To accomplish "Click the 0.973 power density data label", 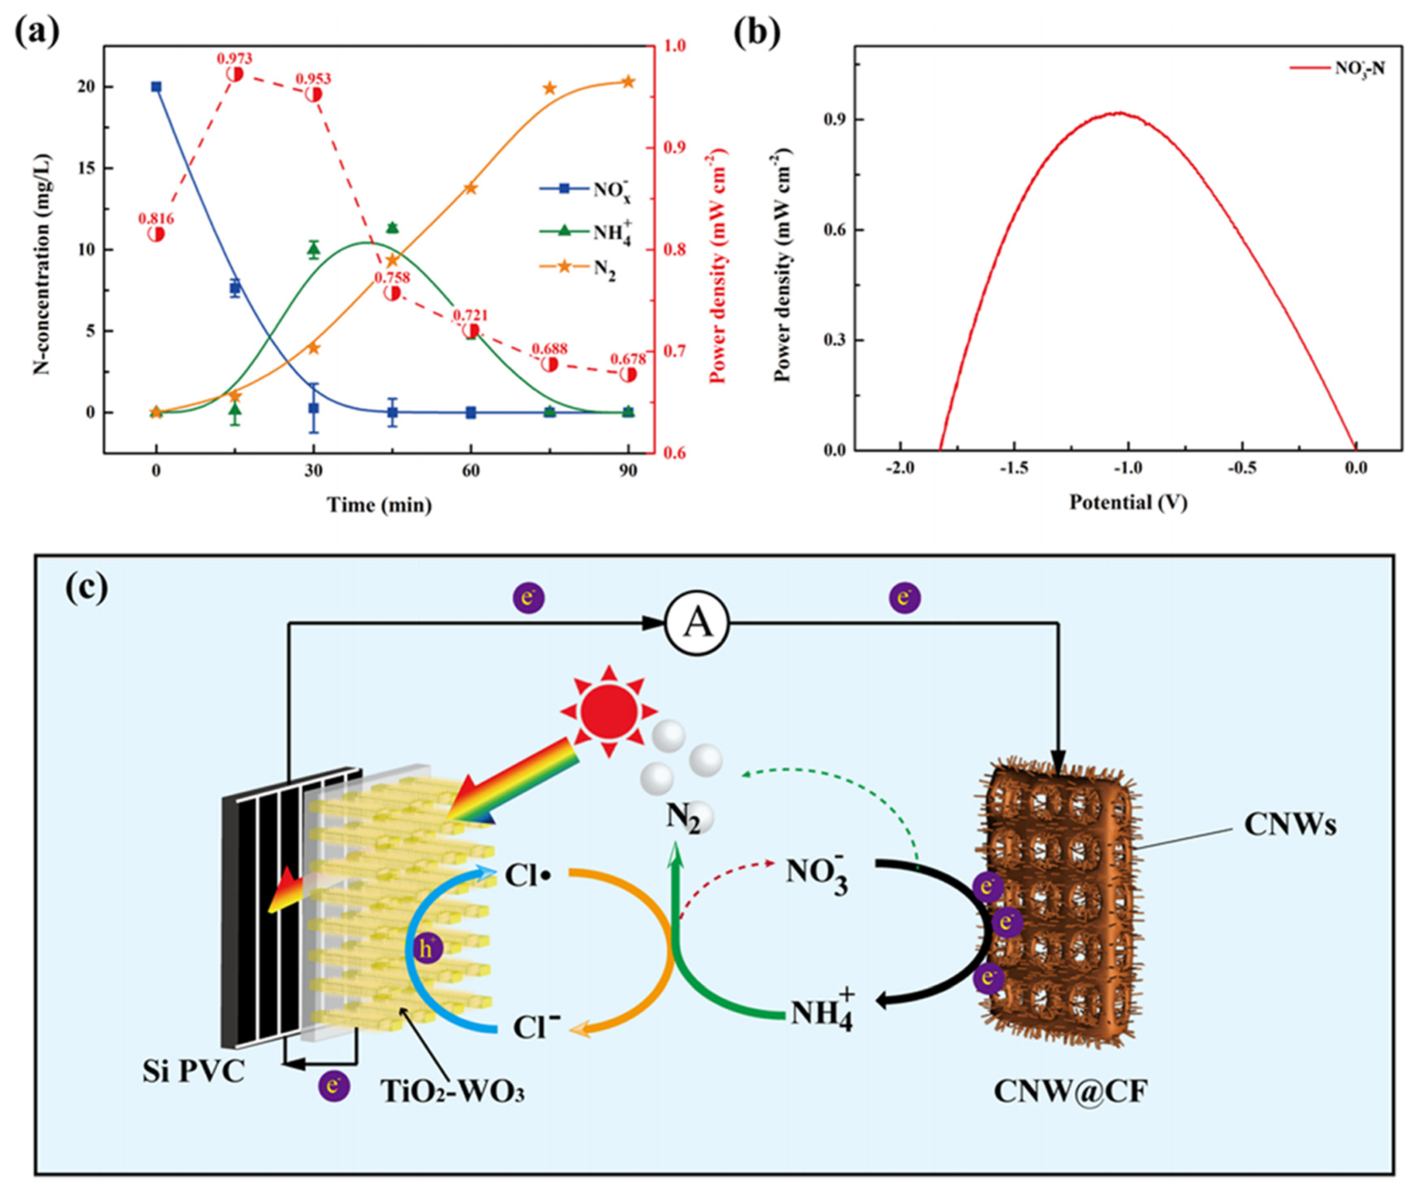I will pos(234,59).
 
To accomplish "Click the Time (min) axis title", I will pos(379,505).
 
